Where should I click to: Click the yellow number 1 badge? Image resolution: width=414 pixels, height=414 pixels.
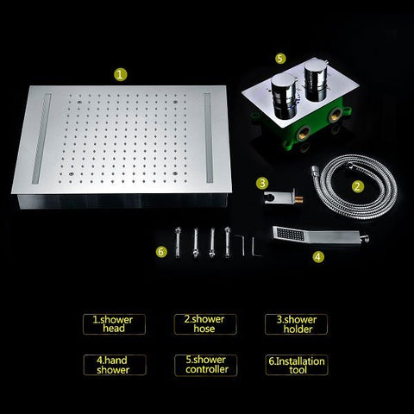[x=120, y=74]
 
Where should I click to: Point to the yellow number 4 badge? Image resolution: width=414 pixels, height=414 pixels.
[x=318, y=256]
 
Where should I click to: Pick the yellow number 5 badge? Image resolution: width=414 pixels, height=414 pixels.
[x=280, y=58]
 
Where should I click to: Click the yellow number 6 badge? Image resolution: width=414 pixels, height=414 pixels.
[x=161, y=251]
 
